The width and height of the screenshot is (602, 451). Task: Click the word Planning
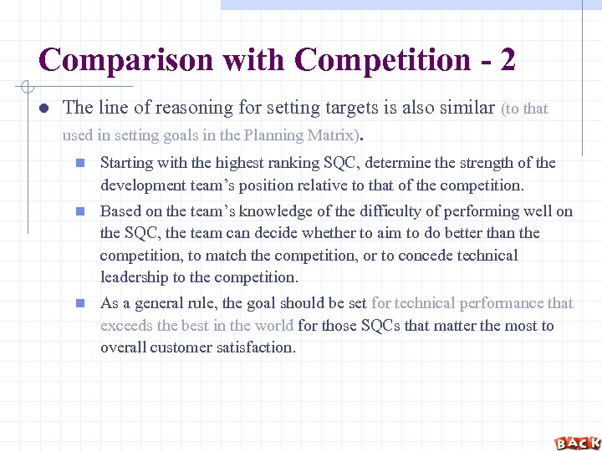point(276,135)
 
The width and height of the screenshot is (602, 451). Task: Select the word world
point(273,326)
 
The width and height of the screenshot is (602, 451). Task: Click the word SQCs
point(380,326)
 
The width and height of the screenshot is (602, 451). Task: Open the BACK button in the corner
point(577,443)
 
